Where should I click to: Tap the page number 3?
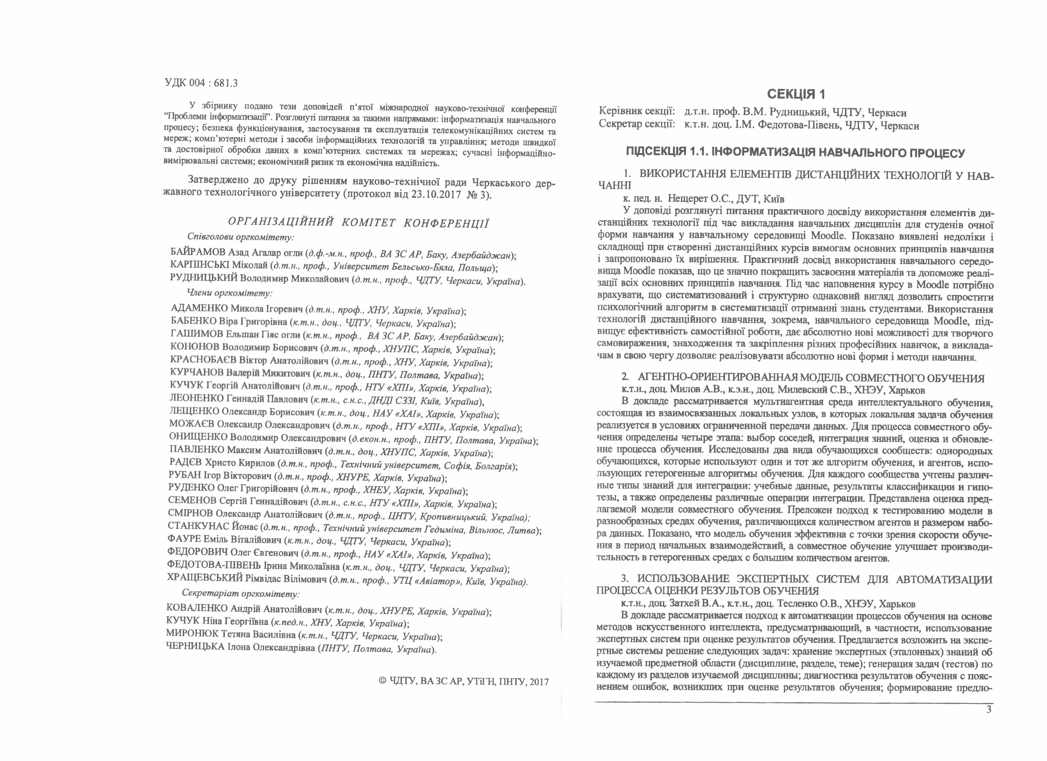coord(989,709)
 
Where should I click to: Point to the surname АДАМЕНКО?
coord(199,309)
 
